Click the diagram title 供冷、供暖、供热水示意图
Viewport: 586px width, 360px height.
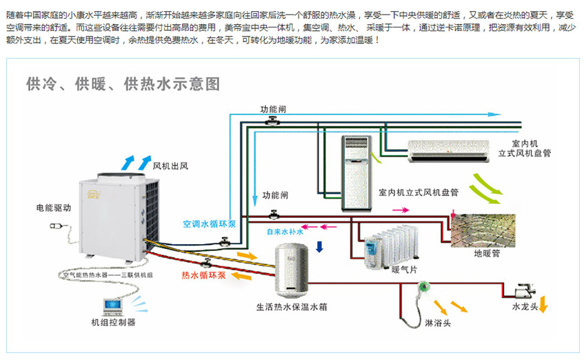click(x=123, y=85)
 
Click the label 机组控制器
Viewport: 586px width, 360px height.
click(x=113, y=322)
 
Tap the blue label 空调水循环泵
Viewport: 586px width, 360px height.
click(x=210, y=224)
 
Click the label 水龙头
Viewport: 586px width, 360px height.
click(x=525, y=306)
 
